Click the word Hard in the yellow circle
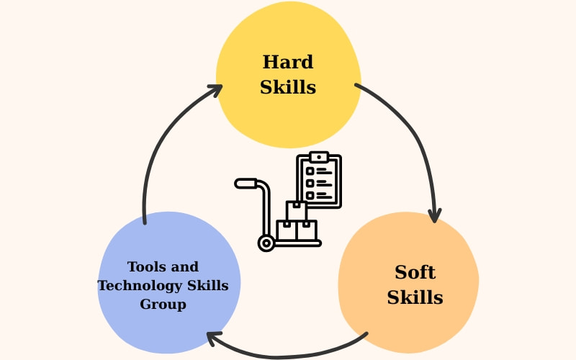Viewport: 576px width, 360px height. tap(288, 63)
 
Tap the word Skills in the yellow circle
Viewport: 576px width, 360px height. tap(288, 88)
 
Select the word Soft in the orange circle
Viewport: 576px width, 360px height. tap(415, 273)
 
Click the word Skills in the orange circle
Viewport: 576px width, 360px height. tap(415, 297)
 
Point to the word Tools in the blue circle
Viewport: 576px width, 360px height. tap(143, 267)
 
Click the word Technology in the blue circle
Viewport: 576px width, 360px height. tap(138, 286)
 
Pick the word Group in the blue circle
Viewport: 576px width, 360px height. tap(163, 305)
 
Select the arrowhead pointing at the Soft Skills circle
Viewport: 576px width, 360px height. tap(434, 215)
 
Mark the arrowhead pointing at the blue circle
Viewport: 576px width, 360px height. tap(212, 336)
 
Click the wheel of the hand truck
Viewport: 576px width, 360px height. tap(266, 243)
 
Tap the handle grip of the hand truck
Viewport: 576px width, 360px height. tap(246, 184)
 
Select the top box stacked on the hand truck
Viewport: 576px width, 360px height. tap(297, 211)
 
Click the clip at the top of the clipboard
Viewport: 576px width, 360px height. tap(318, 157)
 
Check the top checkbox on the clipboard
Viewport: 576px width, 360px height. tap(310, 171)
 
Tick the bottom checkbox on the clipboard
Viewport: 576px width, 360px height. tap(310, 195)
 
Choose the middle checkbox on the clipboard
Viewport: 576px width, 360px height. tap(310, 183)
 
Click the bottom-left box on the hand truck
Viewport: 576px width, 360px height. tap(287, 230)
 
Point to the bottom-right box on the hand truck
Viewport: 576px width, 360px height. tap(307, 230)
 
